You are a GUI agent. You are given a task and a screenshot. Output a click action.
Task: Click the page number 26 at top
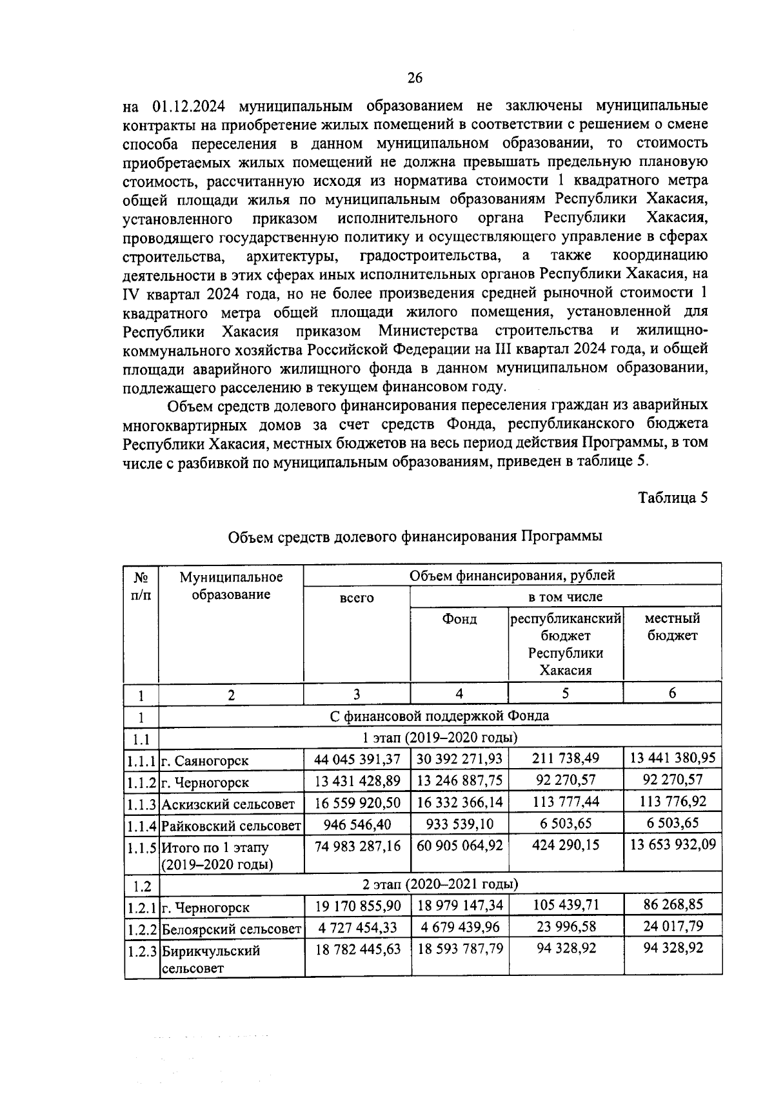tap(414, 78)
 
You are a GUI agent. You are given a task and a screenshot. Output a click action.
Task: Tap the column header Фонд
tap(459, 619)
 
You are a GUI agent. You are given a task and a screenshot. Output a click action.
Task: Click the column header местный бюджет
tap(672, 627)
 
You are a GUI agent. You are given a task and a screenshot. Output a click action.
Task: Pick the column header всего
tap(356, 598)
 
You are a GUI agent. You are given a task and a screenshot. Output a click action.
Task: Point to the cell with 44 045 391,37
tap(357, 759)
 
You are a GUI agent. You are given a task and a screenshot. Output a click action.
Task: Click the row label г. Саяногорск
tap(205, 760)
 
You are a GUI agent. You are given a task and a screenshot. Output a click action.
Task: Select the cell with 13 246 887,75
tap(459, 781)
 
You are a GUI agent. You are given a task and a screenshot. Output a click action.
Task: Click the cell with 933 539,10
tap(459, 824)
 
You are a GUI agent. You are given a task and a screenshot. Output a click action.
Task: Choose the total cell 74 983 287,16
tap(357, 846)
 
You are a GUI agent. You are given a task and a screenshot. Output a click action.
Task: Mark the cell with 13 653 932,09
tap(672, 846)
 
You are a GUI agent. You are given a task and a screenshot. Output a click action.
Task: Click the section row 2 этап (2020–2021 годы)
tap(439, 884)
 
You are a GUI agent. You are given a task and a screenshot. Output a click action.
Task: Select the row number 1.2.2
tap(142, 929)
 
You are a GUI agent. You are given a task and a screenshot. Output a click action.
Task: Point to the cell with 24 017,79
tap(672, 927)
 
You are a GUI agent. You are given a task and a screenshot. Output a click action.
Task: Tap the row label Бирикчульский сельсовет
tap(211, 959)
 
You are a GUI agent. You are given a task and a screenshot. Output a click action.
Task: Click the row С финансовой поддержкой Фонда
tap(439, 716)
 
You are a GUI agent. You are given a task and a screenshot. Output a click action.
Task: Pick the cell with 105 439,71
tap(565, 905)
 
